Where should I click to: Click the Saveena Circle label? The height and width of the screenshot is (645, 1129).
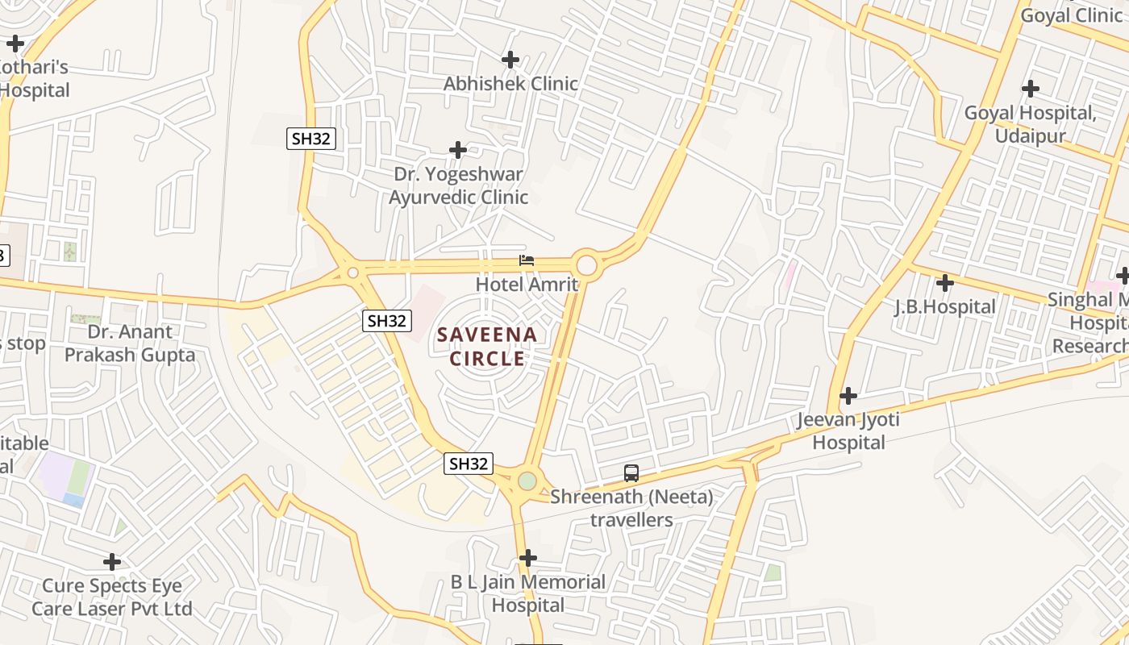487,346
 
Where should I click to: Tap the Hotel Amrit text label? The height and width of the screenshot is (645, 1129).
527,285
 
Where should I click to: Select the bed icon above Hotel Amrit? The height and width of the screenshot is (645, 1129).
527,260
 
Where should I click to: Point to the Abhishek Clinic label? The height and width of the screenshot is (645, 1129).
510,84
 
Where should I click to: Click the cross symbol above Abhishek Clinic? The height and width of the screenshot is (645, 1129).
510,60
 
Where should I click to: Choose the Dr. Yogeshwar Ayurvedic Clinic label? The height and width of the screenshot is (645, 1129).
458,185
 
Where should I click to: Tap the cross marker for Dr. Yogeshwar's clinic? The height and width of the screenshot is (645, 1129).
458,150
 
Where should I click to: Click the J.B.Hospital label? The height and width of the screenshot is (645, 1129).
945,307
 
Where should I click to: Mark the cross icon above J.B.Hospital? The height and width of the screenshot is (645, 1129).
945,283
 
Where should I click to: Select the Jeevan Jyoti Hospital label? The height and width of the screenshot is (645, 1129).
848,431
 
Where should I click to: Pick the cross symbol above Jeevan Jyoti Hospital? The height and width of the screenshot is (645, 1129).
848,396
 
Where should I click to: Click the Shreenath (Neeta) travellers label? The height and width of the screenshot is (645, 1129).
631,508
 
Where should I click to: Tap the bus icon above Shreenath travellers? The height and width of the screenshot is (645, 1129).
631,473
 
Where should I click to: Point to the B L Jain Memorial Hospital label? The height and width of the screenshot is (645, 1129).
528,593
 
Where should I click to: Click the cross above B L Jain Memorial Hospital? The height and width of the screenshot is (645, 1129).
528,557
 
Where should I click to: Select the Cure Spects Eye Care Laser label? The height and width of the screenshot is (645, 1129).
112,597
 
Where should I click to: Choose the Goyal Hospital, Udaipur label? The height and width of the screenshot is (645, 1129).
1030,123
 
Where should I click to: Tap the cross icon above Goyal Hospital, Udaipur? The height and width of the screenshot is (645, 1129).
1030,89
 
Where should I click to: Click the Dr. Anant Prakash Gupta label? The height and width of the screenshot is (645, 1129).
130,343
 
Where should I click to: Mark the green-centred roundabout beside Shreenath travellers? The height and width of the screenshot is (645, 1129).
527,481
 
